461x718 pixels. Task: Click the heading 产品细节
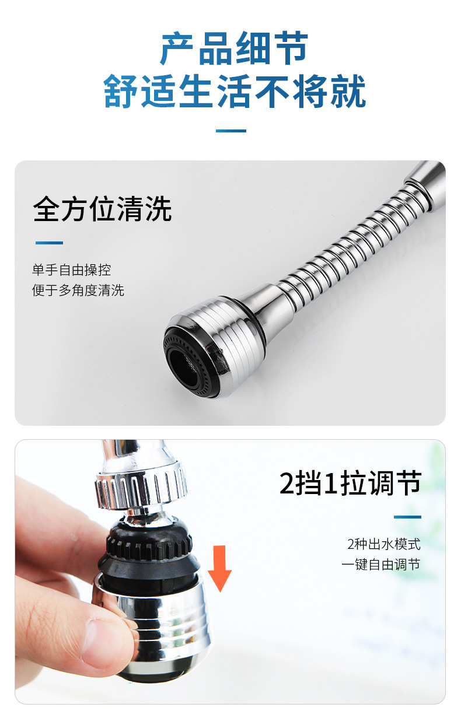[x=234, y=50]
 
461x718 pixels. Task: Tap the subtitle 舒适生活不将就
[x=234, y=92]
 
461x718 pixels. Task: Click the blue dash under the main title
[x=230, y=131]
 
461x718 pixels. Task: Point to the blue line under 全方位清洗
[x=49, y=243]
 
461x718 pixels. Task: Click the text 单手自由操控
[x=71, y=270]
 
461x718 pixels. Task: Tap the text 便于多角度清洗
[x=78, y=290]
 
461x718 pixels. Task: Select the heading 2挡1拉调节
[x=350, y=484]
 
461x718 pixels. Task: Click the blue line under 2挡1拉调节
[x=407, y=517]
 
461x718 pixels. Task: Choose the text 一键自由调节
[x=380, y=565]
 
